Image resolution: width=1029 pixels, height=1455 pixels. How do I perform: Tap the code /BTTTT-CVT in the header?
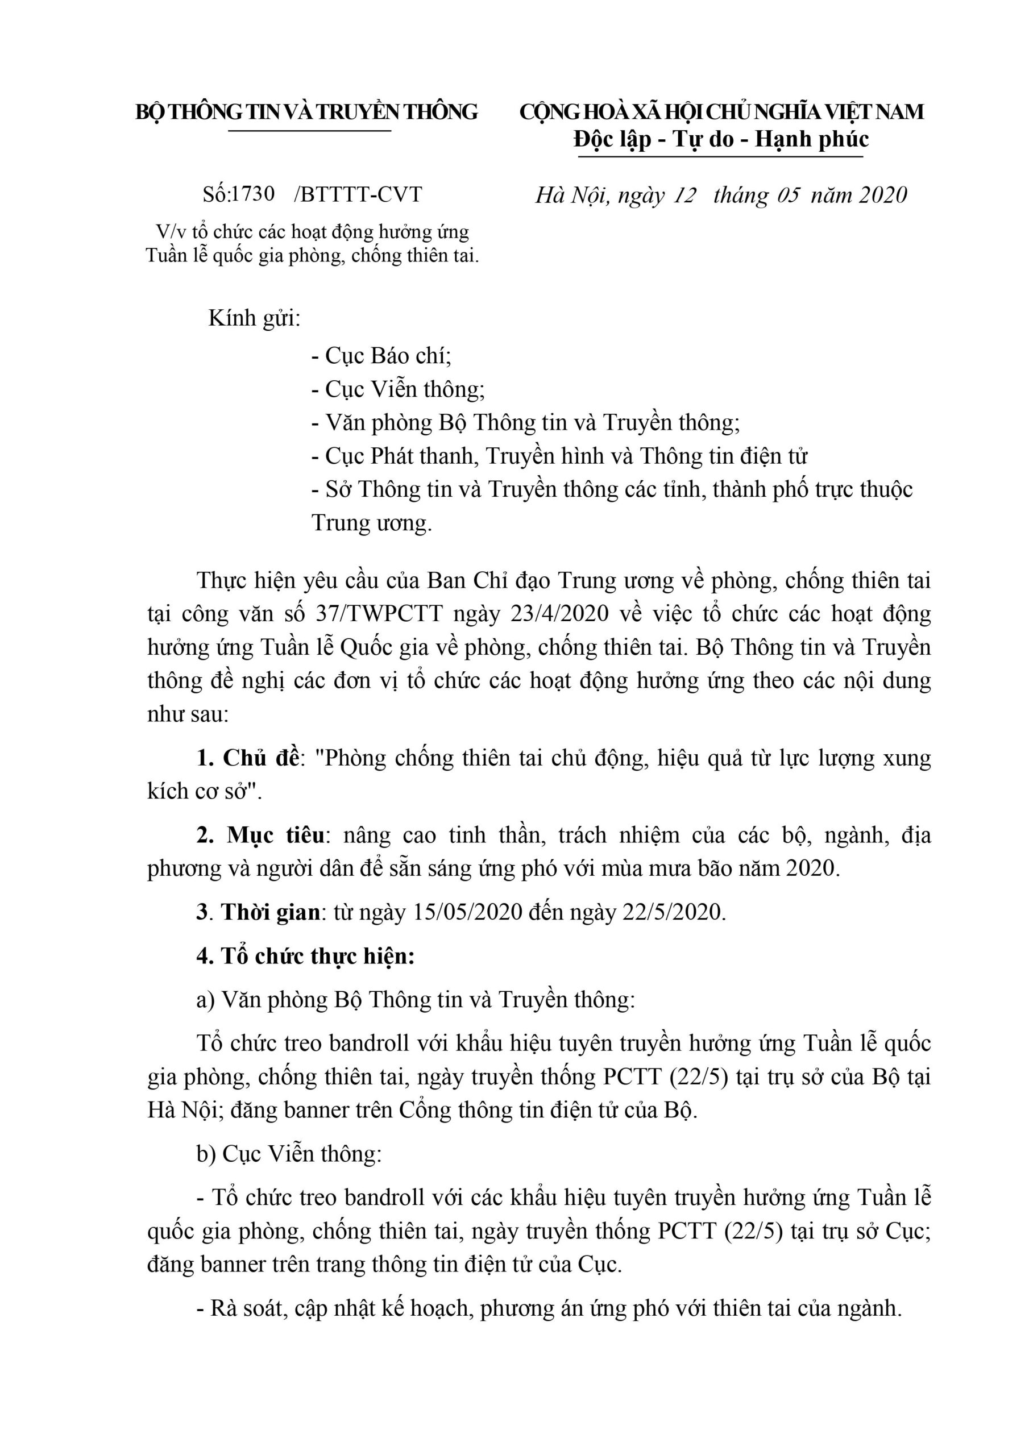click(358, 194)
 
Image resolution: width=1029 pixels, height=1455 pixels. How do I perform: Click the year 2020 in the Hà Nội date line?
click(882, 194)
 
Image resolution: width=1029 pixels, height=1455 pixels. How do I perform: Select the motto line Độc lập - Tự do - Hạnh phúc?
click(721, 139)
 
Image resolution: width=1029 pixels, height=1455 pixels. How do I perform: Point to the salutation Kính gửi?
click(254, 318)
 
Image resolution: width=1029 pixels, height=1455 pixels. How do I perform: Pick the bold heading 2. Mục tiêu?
click(260, 835)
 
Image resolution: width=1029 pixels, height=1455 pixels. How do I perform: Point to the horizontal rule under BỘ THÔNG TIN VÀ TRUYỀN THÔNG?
click(309, 131)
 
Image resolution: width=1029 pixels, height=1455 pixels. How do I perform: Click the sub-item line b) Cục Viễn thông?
click(289, 1154)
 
